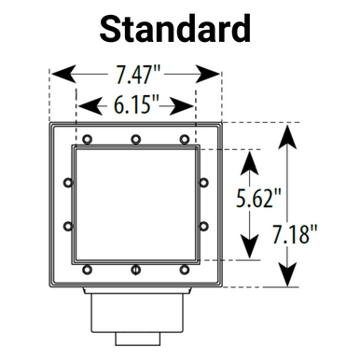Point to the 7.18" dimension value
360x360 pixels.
314,233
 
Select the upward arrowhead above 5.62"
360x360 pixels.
249,160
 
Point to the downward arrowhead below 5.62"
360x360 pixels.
249,248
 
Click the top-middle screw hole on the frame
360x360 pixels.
136,139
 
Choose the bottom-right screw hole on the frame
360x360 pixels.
186,271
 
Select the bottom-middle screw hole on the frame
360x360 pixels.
136,271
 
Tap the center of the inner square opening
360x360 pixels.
136,204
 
